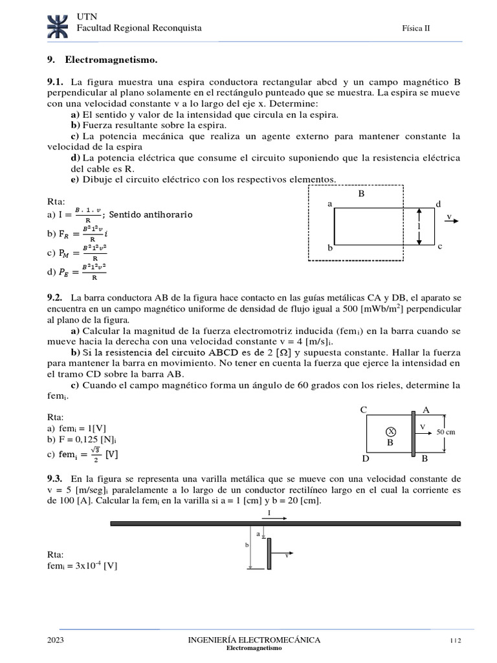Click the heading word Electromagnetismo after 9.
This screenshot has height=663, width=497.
(111, 60)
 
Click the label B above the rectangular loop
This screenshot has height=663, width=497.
(362, 194)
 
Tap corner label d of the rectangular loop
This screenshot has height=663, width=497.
(438, 204)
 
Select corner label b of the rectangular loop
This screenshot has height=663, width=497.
(329, 248)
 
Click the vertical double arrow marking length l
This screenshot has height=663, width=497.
(419, 226)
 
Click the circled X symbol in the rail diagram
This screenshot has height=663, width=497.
(390, 431)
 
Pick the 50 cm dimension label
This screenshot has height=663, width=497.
(447, 431)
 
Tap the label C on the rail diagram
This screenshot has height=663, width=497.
(364, 410)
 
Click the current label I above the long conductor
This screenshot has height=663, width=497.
(269, 512)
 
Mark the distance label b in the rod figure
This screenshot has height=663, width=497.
(247, 546)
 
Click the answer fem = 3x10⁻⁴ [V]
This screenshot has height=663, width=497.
(83, 565)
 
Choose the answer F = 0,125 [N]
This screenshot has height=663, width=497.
(80, 440)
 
